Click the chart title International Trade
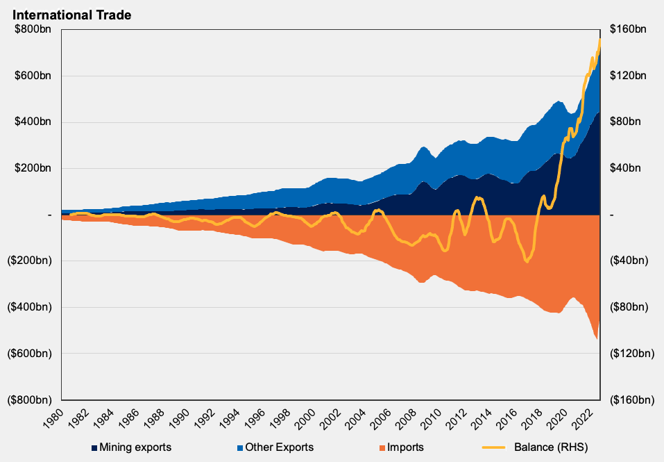click(x=71, y=14)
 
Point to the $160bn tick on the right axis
click(x=628, y=30)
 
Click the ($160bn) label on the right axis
click(x=631, y=399)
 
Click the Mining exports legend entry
click(x=135, y=447)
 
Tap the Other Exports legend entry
click(x=279, y=447)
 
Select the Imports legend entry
click(x=405, y=447)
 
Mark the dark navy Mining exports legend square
click(x=94, y=447)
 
